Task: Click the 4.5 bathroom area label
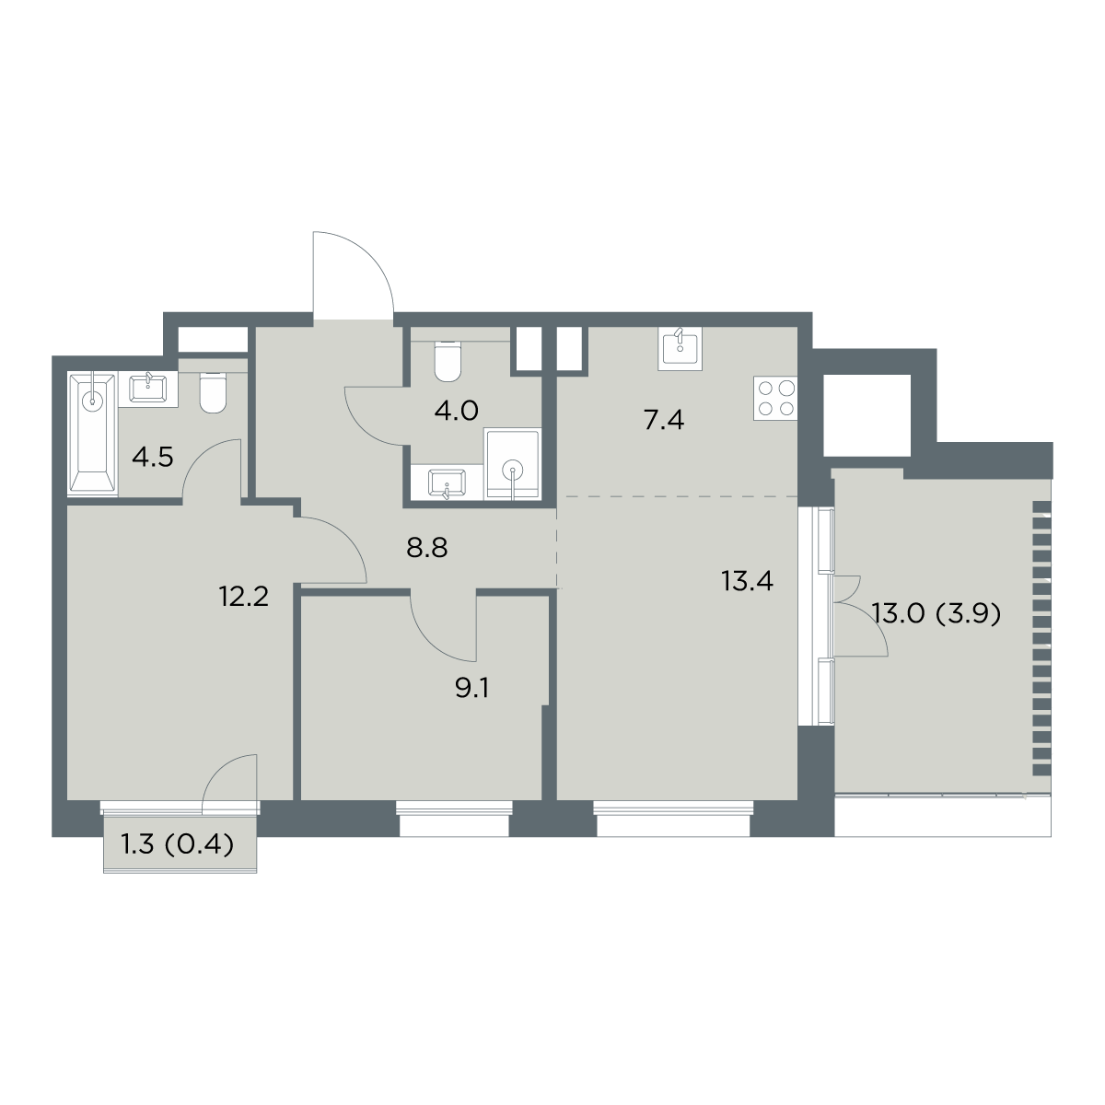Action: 152,459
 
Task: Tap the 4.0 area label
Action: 457,411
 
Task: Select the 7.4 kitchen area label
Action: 663,422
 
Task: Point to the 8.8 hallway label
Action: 426,548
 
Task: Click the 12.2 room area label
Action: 244,598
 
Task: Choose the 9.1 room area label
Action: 472,689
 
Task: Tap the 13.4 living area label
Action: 747,582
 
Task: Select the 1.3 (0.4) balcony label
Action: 177,844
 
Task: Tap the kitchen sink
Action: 680,346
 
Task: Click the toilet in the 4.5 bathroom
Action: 213,392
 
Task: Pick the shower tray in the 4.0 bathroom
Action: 513,464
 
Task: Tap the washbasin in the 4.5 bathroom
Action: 148,389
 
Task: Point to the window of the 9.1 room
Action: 454,820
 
